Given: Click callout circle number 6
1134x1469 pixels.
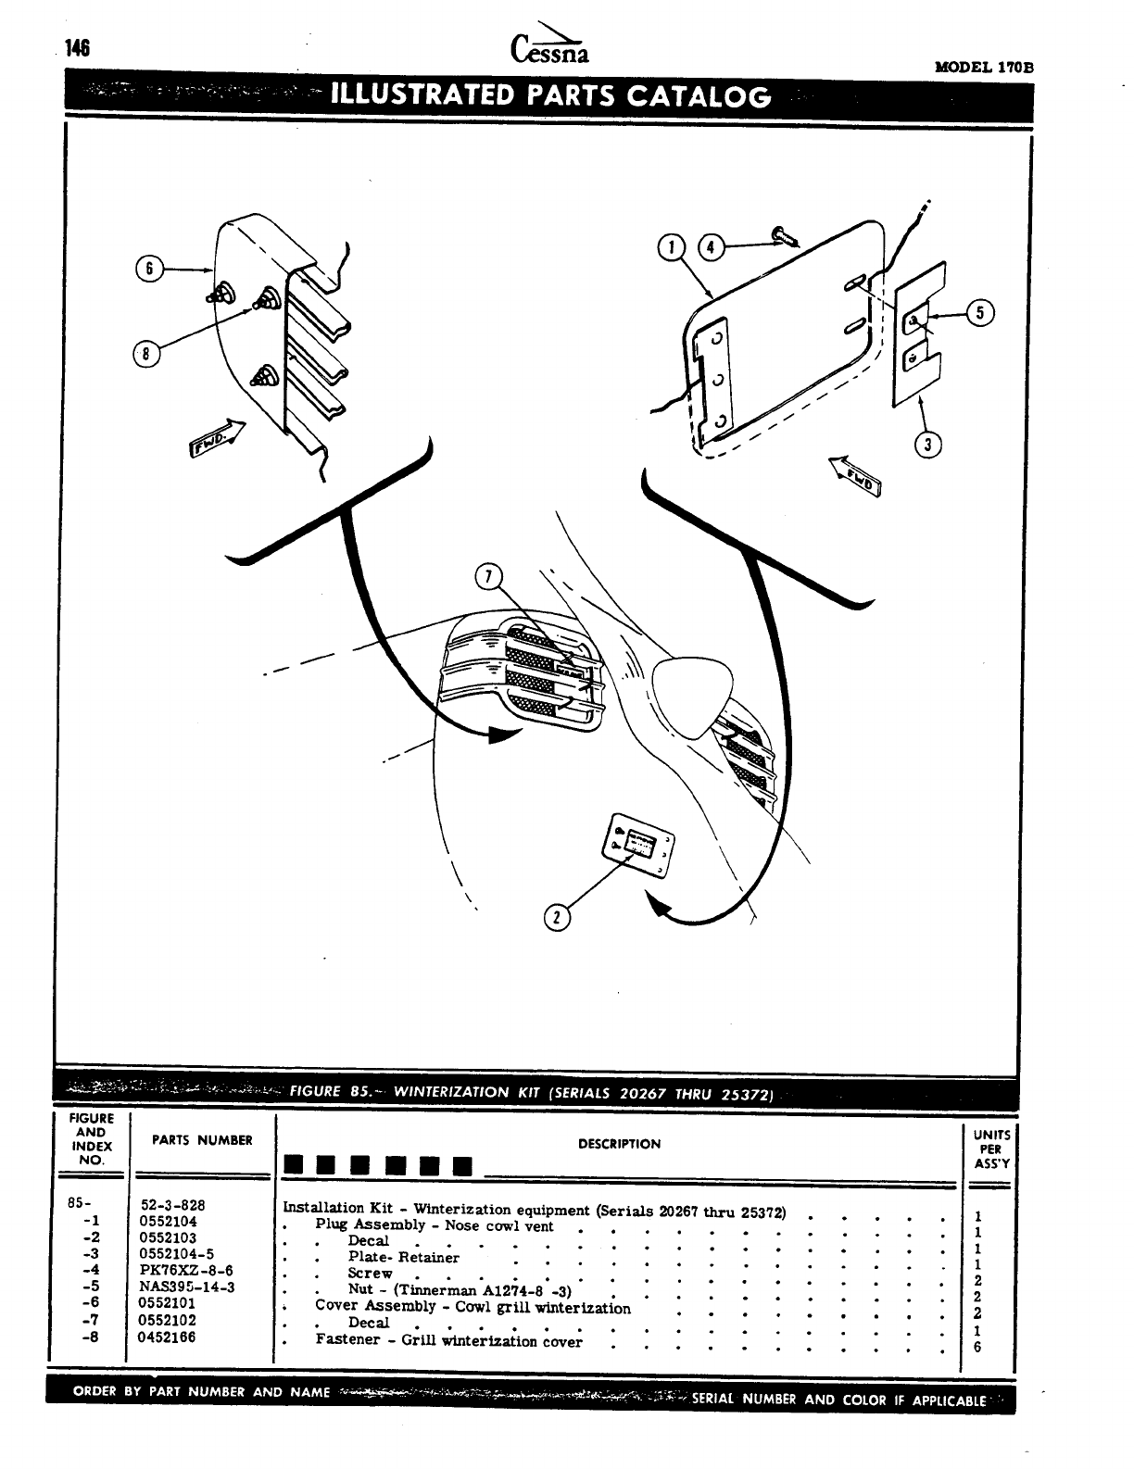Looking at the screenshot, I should coord(146,270).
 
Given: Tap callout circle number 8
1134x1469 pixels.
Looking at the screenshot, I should coord(144,355).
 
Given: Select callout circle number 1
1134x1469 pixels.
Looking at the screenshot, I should coord(667,247).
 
